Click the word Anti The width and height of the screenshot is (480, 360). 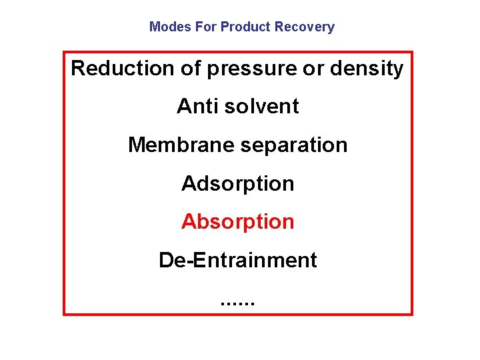193,107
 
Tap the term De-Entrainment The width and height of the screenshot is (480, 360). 238,260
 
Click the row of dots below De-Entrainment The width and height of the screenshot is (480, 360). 237,305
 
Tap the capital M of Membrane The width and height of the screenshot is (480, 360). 137,145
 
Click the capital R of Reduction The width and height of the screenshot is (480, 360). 78,69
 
